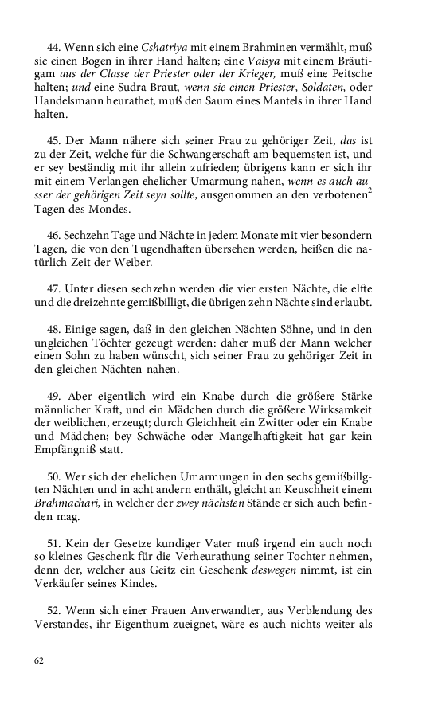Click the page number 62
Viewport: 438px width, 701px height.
click(39, 660)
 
